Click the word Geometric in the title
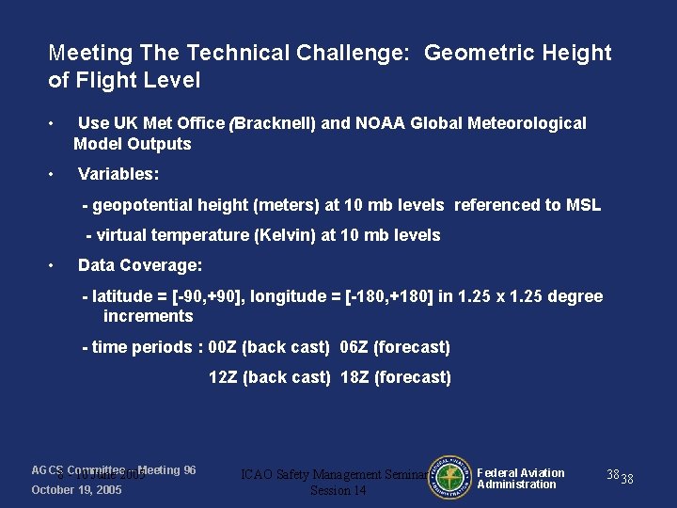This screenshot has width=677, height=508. pos(471,53)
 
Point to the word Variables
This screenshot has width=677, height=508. pos(118,174)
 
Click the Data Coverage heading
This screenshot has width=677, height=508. pos(140,265)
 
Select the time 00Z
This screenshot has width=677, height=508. pos(222,347)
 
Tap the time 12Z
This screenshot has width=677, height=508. pos(223,377)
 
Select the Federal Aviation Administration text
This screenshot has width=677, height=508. pos(520,479)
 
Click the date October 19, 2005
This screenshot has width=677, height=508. pos(76,490)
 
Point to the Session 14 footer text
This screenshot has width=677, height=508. pos(338,491)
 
